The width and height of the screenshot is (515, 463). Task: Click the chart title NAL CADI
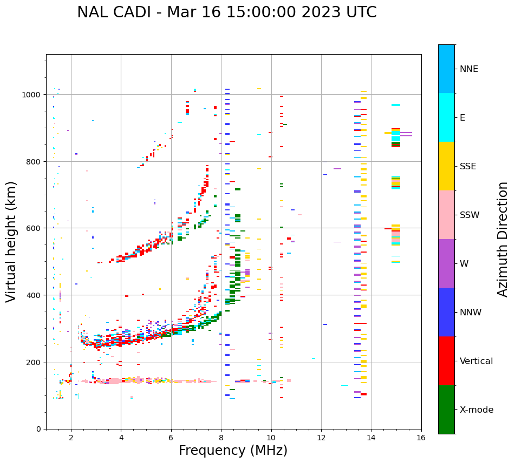pos(226,12)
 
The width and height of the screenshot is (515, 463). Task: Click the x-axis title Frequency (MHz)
pos(233,451)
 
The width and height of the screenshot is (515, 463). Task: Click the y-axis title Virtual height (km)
pos(11,242)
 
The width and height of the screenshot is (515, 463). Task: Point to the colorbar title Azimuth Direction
pos(503,239)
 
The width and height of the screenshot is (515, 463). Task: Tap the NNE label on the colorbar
pos(469,69)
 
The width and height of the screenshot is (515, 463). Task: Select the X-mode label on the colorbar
pos(477,409)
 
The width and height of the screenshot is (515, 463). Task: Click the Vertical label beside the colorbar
pos(477,361)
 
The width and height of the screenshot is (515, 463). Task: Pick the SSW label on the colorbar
pos(470,215)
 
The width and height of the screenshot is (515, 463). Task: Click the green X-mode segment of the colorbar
pos(446,409)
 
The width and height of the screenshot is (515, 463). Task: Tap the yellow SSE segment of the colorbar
pos(446,166)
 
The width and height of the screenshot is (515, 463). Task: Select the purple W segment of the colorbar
pos(446,263)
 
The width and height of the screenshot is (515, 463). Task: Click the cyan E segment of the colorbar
pos(446,117)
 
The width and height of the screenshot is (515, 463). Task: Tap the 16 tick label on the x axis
pos(421,439)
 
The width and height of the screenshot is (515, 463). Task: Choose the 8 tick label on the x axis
pos(221,439)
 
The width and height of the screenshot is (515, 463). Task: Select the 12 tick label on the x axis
pos(321,439)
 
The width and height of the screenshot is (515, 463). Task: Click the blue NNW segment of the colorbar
pos(446,312)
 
